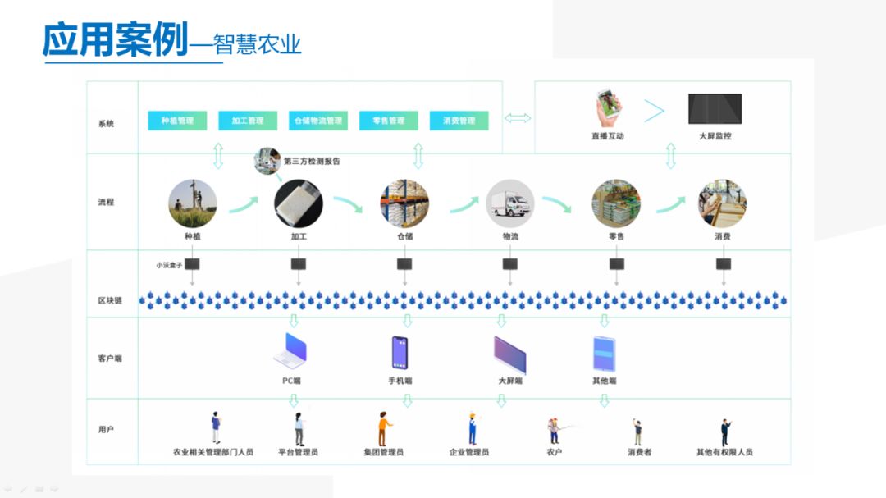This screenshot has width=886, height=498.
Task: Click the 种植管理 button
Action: (x=177, y=121)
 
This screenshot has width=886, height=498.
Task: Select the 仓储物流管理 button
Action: (x=317, y=121)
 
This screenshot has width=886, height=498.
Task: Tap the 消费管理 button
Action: (x=459, y=121)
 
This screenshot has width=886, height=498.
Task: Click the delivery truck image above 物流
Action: (x=510, y=203)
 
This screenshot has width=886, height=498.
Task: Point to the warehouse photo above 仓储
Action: (x=404, y=203)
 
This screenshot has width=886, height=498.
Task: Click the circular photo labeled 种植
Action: (x=193, y=203)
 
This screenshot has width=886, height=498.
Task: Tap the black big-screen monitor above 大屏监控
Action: (x=715, y=108)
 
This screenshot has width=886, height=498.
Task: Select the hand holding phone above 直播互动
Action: (x=607, y=107)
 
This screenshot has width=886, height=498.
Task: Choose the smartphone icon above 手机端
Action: (x=400, y=353)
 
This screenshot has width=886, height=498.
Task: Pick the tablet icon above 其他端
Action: (x=604, y=354)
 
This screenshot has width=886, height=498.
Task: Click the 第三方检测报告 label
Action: (x=312, y=162)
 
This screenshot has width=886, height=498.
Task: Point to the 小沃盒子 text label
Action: (x=168, y=265)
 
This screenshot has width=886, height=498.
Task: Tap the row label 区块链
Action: (x=109, y=301)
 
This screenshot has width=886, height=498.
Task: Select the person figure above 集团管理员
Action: (x=384, y=429)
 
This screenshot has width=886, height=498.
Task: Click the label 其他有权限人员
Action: (x=724, y=452)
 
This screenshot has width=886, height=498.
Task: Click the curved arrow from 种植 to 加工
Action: (x=244, y=203)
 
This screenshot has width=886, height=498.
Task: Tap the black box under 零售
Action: (x=617, y=264)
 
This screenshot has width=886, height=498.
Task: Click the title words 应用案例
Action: (x=115, y=40)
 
